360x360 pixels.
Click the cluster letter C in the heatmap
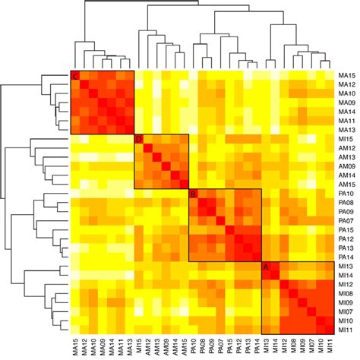pyautogui.click(x=75, y=76)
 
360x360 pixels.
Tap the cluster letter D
pyautogui.click(x=138, y=140)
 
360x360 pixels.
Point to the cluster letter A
pyautogui.click(x=266, y=267)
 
